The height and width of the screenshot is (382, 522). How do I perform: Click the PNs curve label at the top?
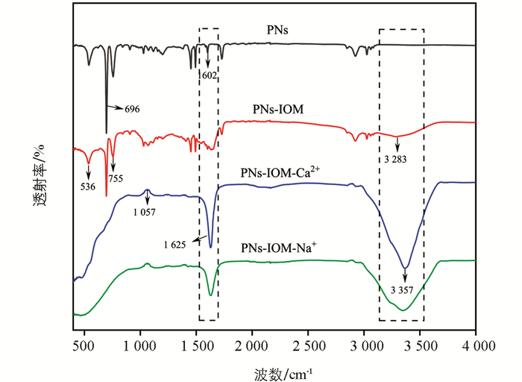tap(277, 31)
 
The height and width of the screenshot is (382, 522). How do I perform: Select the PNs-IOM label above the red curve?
tap(278, 110)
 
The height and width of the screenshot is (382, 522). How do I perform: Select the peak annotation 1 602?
tap(208, 75)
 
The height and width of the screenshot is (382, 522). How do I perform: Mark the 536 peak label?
tap(88, 187)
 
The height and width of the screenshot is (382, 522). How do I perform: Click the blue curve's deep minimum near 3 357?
tap(405, 268)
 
